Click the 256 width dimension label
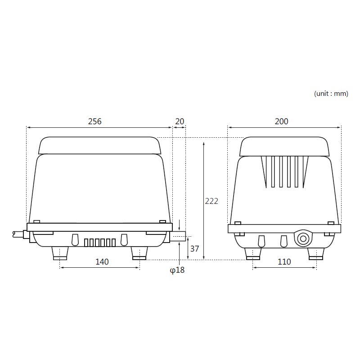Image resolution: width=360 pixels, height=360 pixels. tap(94, 121)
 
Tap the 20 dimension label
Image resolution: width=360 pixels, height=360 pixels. tap(180, 121)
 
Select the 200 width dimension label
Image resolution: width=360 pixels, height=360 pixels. tap(282, 121)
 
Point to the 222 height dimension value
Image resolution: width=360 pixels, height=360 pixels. tap(211, 201)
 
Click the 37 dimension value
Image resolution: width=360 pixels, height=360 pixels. tap(195, 249)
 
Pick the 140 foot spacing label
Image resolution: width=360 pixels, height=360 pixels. tap(102, 262)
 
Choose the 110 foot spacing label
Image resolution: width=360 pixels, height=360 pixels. tap(284, 262)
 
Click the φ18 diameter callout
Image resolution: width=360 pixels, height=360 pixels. tap(177, 270)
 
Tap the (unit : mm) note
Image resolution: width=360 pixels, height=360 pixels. tap(331, 94)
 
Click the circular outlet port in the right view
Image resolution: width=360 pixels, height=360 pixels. tap(303, 239)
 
